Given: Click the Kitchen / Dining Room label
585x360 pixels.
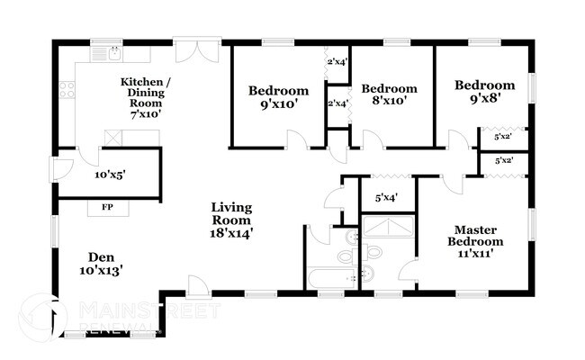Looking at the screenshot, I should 146,98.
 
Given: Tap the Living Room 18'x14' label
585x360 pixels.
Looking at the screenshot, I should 231,220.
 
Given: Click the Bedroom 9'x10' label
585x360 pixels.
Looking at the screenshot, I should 278,97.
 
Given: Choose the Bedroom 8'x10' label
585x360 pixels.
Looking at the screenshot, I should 389,94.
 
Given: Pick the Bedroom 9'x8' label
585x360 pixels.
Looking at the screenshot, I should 484,92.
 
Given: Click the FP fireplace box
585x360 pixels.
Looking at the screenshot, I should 107,208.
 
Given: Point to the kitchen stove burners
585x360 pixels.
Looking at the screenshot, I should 66,89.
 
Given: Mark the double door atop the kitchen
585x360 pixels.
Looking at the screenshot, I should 197,49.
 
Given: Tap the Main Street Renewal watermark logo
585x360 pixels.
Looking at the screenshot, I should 45,315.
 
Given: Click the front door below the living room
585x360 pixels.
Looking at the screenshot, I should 198,286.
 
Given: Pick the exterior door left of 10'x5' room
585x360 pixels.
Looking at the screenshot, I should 60,168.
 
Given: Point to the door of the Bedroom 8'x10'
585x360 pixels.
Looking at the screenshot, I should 373,139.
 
